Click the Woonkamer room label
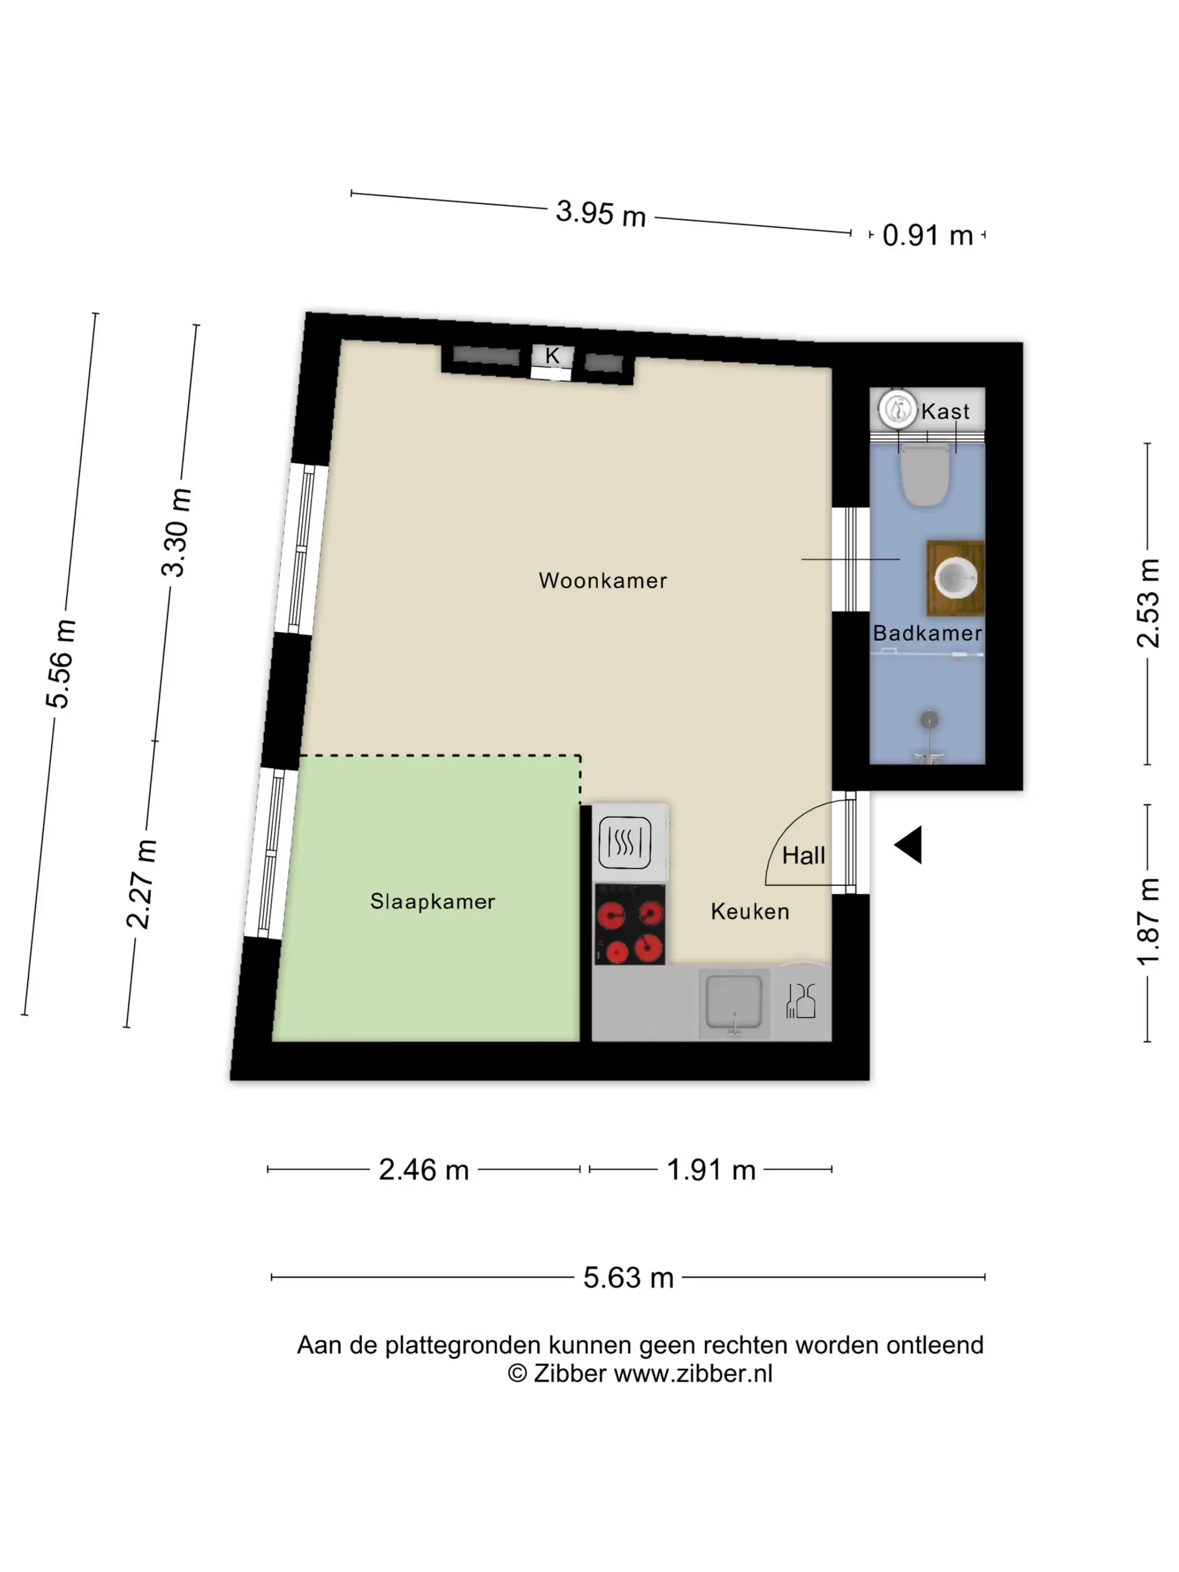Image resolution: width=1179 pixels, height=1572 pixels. (x=602, y=581)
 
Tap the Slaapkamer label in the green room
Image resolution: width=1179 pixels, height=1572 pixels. (x=432, y=901)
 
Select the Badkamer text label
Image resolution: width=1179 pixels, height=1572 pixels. (x=927, y=633)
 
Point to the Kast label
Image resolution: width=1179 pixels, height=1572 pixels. (x=945, y=411)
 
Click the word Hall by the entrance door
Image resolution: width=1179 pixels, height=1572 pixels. (x=804, y=855)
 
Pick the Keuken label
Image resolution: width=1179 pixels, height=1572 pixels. (x=750, y=911)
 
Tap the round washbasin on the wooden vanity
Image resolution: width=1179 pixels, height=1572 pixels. (x=956, y=577)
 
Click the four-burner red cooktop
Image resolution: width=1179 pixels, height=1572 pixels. (x=630, y=925)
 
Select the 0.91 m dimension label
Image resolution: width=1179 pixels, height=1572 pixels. (x=927, y=235)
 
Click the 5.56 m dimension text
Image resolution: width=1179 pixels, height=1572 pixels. (x=61, y=664)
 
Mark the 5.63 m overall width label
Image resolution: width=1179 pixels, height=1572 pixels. (x=628, y=1277)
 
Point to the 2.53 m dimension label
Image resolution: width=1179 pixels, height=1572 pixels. (x=1149, y=602)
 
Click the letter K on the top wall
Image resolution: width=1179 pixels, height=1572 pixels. (x=552, y=355)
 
